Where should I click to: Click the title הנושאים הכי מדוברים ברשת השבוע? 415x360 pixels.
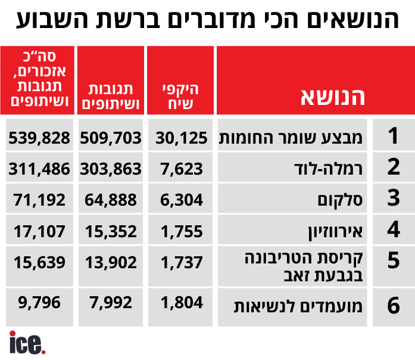pos(207,20)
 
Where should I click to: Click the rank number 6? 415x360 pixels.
pos(393,306)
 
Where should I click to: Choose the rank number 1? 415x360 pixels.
pos(393,136)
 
